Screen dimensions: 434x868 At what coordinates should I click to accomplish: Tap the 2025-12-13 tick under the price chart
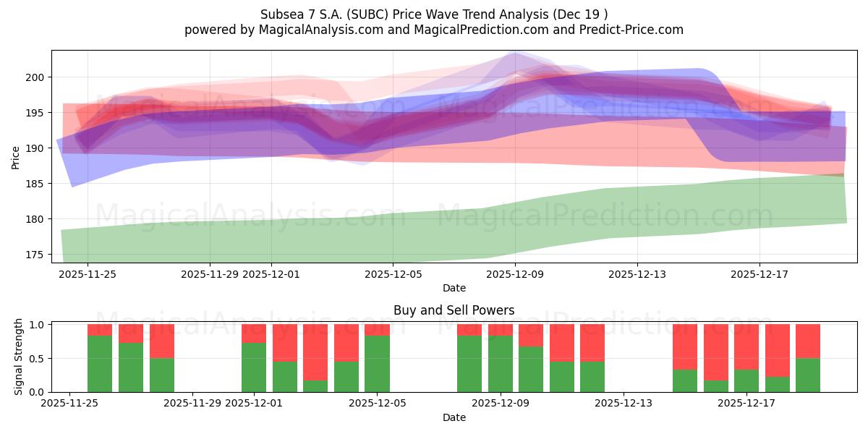coord(637,275)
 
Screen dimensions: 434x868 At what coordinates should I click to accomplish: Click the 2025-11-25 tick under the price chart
coord(88,275)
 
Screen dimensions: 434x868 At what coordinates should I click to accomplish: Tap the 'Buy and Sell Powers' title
coord(454,310)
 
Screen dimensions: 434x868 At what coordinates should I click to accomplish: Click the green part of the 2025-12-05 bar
coord(377,364)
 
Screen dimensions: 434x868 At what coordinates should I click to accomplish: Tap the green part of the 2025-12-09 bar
coord(501,364)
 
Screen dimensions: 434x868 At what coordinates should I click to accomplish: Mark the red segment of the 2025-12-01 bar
coord(254,333)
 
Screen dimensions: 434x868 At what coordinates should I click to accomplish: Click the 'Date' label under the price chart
coord(454,288)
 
